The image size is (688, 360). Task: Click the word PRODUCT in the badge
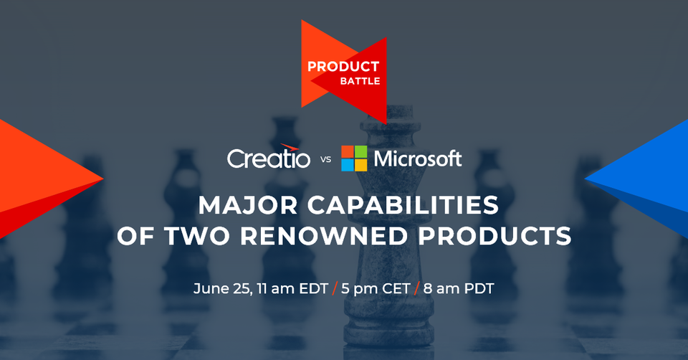point(343,67)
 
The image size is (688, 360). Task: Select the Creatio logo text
point(268,158)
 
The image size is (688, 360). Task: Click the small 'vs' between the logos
point(325,160)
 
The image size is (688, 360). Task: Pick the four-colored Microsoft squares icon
point(354,158)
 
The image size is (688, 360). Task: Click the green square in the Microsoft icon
point(360,152)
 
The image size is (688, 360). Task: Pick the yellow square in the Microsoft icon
point(360,165)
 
